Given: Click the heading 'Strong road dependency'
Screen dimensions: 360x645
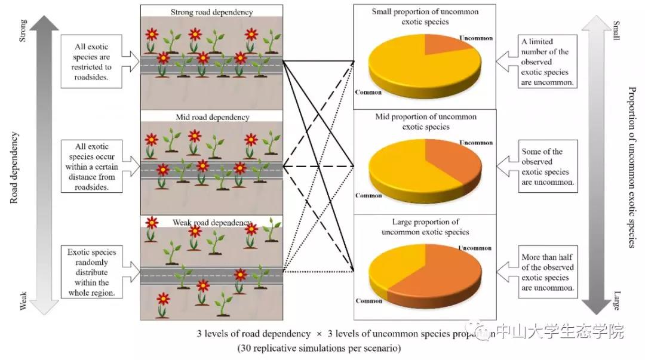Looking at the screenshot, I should pos(211,12).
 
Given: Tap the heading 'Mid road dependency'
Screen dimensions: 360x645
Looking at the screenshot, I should pos(212,117).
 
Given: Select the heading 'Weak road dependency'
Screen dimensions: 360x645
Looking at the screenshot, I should pos(212,223).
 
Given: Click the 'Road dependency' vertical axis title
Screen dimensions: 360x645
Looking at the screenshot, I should pos(15,167).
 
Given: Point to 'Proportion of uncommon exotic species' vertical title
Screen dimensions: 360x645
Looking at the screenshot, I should pos(631,167).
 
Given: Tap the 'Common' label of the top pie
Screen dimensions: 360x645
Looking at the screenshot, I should pos(368,92).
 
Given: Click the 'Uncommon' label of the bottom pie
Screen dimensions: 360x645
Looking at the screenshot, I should pos(476,248).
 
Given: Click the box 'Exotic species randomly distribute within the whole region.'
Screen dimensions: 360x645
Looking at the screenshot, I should pos(91,273).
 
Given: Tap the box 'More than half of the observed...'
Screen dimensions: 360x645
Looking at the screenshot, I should pos(548,273).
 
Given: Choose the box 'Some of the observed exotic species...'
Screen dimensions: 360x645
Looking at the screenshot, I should pos(548,167).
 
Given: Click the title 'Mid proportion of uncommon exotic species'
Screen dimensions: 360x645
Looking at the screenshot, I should pos(425,122).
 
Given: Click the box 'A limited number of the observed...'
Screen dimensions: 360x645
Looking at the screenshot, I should pos(548,61).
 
